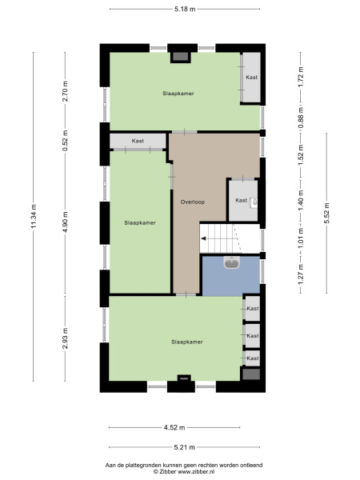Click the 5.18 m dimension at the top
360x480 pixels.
[185, 9]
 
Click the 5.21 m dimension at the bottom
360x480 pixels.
[185, 448]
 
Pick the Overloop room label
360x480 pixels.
[192, 202]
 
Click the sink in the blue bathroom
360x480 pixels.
[230, 262]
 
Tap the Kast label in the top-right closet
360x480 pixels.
[252, 77]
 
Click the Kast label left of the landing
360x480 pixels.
[138, 141]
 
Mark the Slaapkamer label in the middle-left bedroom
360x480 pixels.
[139, 222]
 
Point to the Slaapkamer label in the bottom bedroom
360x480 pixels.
[186, 342]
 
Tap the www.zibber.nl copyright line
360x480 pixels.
[184, 472]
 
